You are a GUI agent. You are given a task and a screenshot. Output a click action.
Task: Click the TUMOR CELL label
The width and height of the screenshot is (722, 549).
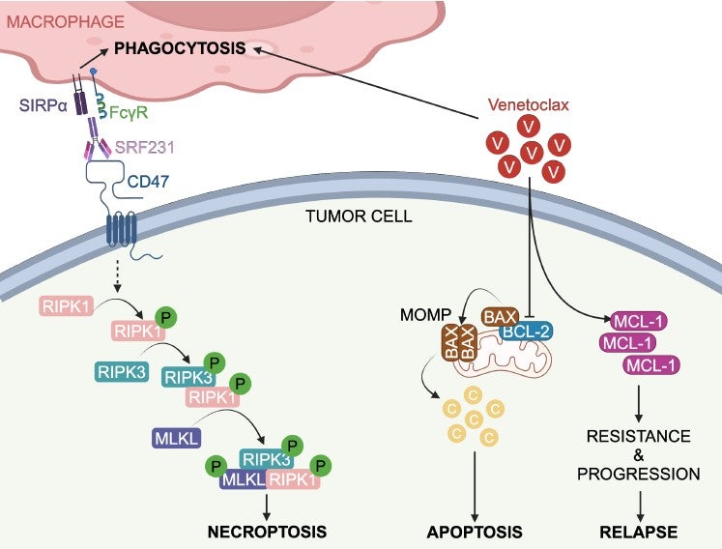pos(360,217)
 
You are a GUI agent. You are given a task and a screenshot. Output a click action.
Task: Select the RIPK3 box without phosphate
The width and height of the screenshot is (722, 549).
pos(121,371)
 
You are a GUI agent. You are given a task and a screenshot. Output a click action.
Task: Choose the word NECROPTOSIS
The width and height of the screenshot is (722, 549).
pos(267,532)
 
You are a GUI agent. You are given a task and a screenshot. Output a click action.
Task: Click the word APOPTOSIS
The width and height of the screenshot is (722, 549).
pos(475,532)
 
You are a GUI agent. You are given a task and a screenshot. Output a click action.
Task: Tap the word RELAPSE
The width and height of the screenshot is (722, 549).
pos(637,532)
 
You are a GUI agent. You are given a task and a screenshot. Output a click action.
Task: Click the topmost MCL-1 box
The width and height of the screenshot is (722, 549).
pos(635,321)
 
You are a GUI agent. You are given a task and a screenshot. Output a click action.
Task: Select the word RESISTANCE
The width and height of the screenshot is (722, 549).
pos(638,436)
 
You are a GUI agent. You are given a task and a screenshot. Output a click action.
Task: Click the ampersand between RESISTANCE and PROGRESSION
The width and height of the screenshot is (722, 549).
pos(638,455)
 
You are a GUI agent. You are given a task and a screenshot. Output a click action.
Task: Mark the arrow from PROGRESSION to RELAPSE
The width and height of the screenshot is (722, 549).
pos(638,503)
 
